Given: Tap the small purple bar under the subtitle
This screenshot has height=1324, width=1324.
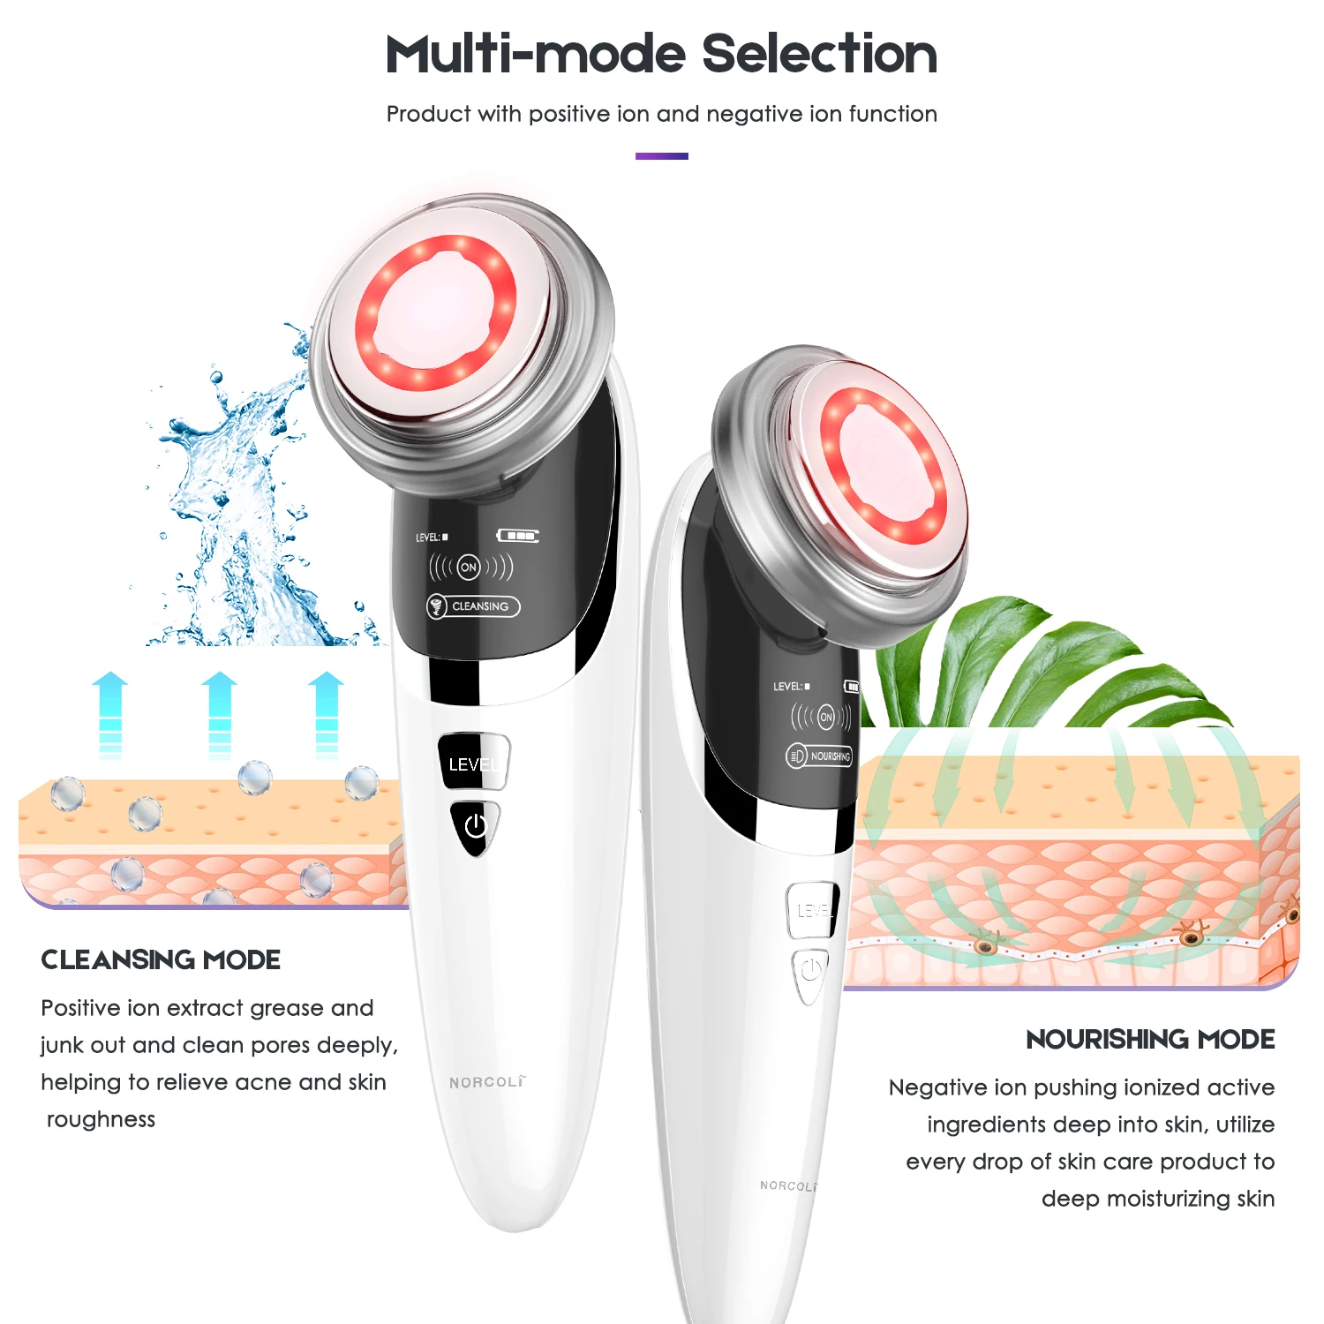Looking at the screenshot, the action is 661,156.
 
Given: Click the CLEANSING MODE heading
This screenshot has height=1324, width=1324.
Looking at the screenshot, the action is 161,959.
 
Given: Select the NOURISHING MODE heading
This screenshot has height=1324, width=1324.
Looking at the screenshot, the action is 1150,1039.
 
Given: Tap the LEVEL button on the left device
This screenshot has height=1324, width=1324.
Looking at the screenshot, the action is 473,763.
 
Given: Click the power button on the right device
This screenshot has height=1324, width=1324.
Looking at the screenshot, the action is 810,971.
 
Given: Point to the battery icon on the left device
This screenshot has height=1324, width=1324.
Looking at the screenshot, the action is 518,536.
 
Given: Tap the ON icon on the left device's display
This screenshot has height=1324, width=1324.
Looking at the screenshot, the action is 469,567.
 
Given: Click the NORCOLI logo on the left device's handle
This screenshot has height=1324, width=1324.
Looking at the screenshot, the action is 486,1082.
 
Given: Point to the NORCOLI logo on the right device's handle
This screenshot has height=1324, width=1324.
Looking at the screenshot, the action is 788,1185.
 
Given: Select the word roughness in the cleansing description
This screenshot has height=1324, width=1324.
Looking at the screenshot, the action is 101,1119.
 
